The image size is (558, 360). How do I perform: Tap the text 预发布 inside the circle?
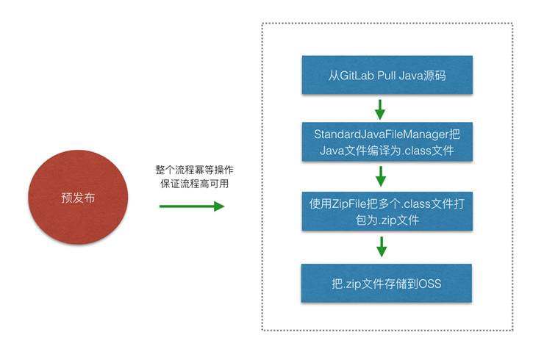tap(78, 198)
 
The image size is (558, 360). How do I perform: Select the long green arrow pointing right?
tap(191, 206)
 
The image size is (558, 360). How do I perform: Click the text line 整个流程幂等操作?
tap(195, 170)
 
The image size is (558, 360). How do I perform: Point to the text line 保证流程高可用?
tap(195, 184)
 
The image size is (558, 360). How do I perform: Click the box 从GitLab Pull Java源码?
tap(384, 75)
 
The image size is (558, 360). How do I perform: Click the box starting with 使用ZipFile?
tap(384, 212)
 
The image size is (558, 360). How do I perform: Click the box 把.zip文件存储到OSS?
tap(384, 282)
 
